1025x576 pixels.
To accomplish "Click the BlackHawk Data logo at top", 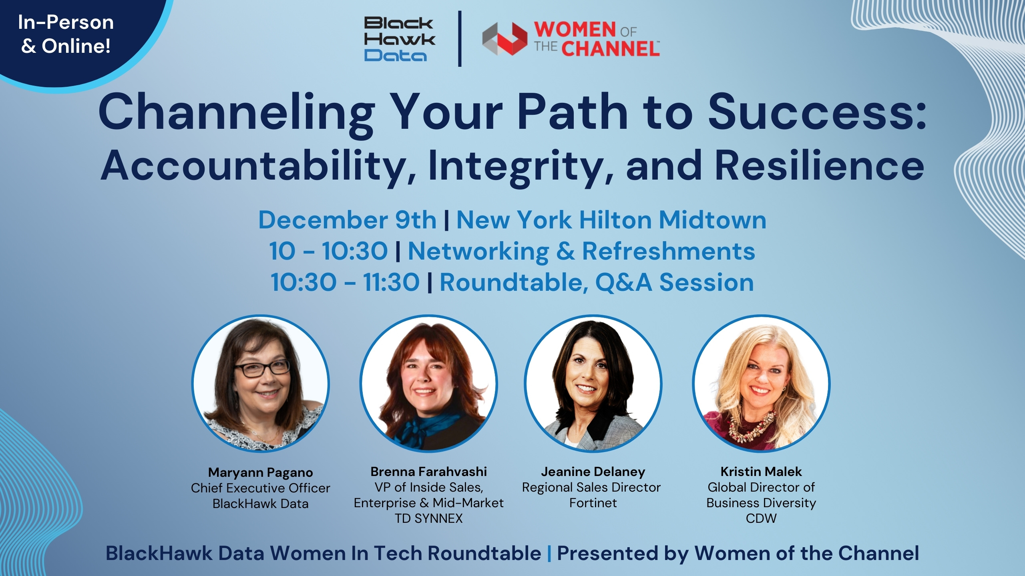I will coord(399,39).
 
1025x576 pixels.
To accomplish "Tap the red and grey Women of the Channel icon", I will coord(504,39).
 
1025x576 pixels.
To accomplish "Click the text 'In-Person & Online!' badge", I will coord(66,34).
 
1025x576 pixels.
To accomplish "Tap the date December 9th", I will coord(348,220).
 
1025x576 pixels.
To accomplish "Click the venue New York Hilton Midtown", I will coord(611,220).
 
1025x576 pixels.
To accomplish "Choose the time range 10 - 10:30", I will coord(328,251).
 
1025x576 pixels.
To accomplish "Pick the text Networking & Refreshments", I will coord(581,251).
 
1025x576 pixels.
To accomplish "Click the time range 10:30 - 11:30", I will coord(345,282).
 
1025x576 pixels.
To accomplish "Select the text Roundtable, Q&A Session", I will coord(597,282).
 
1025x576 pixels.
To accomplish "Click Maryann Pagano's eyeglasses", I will coord(262,368).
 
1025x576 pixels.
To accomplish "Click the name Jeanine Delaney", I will coord(593,472).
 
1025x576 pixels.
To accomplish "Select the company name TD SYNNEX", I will coord(428,518).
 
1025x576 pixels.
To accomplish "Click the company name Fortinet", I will coord(593,503).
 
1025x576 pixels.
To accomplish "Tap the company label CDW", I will coord(761,518).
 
